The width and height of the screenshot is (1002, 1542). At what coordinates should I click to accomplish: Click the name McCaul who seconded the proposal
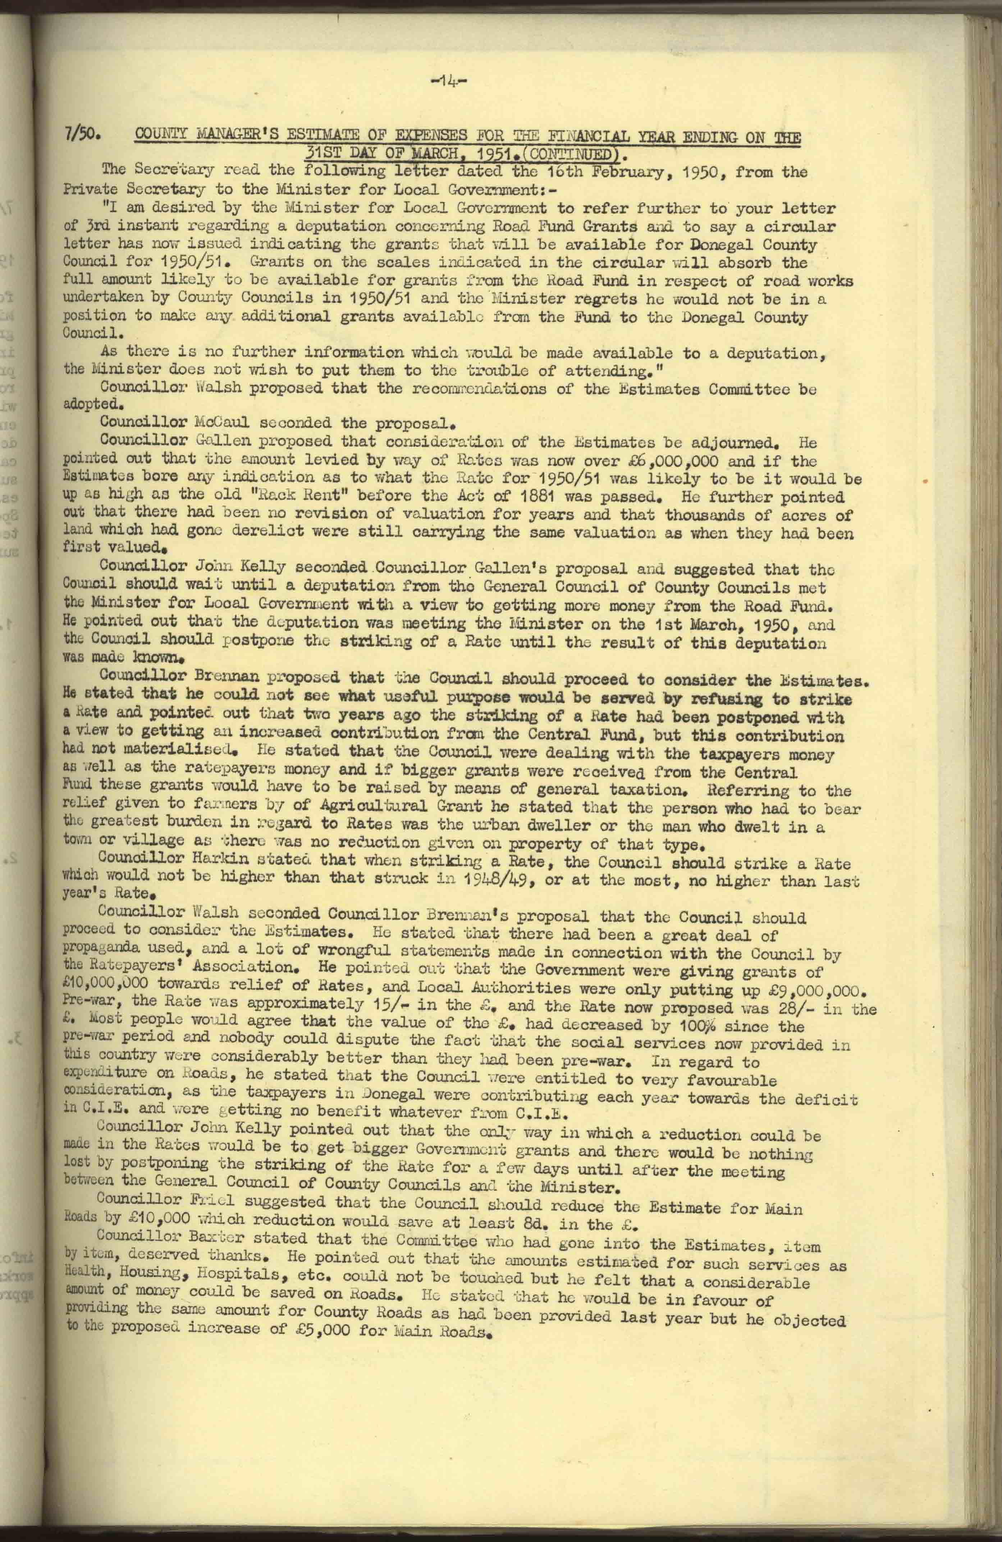(222, 423)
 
